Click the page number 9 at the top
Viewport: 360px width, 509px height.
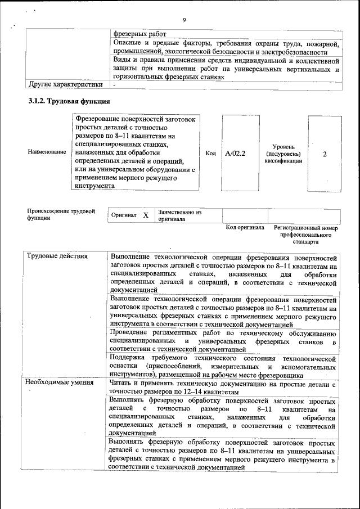[x=184, y=20]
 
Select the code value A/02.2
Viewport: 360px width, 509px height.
[x=236, y=153]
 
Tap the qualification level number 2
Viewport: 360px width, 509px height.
[x=325, y=153]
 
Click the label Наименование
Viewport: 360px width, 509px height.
[x=47, y=153]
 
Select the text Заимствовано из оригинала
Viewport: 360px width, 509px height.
[x=180, y=216]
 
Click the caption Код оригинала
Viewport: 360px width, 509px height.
[x=245, y=228]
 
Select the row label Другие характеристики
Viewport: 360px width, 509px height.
[x=65, y=84]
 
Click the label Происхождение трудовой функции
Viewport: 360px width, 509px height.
[x=61, y=215]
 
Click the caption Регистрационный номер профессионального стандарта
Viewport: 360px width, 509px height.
[x=306, y=235]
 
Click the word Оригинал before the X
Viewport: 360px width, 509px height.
[x=124, y=215]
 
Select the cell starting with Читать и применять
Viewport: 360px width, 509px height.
[x=223, y=388]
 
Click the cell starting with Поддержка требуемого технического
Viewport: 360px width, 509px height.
[x=223, y=366]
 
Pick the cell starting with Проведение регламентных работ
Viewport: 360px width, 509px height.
[x=223, y=341]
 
